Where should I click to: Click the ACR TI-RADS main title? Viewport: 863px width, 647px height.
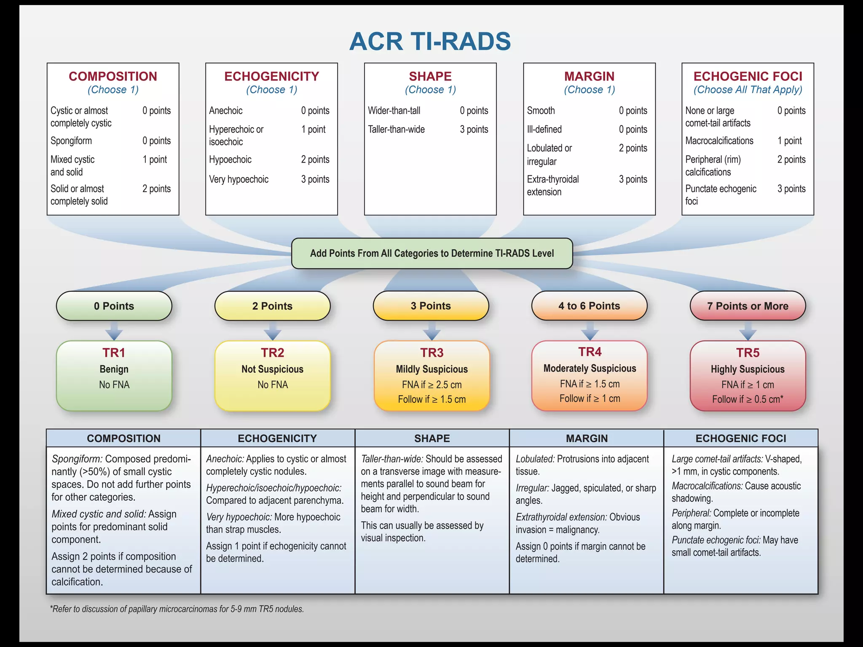pos(430,41)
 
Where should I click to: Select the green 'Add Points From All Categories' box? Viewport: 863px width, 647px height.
pos(432,253)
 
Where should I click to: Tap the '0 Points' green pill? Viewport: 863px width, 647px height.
pos(114,306)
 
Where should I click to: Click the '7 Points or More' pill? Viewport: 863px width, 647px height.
pos(748,306)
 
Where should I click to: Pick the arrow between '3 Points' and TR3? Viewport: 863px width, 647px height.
pos(431,331)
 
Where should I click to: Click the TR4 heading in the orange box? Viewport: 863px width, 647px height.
pos(590,352)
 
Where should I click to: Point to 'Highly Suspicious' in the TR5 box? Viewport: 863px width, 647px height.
pos(748,369)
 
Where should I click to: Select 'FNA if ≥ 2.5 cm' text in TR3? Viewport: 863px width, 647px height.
pos(431,385)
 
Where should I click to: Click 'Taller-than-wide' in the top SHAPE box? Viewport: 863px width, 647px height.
pos(396,129)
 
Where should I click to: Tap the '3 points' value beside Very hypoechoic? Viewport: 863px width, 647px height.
pos(315,179)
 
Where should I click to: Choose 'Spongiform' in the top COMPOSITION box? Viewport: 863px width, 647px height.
pos(71,141)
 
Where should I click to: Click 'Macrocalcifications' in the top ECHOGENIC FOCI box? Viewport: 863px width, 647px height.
pos(719,141)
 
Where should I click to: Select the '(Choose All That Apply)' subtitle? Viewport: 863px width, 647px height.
pos(748,90)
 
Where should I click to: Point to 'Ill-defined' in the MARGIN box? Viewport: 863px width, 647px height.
pos(544,129)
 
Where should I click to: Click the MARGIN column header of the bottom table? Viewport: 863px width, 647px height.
pos(587,438)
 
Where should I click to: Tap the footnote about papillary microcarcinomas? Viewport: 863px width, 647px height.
pos(177,609)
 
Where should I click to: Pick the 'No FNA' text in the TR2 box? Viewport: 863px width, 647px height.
pos(273,385)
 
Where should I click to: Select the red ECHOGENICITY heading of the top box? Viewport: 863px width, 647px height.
pos(272,76)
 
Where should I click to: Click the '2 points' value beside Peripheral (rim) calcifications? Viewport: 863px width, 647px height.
pos(791,160)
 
